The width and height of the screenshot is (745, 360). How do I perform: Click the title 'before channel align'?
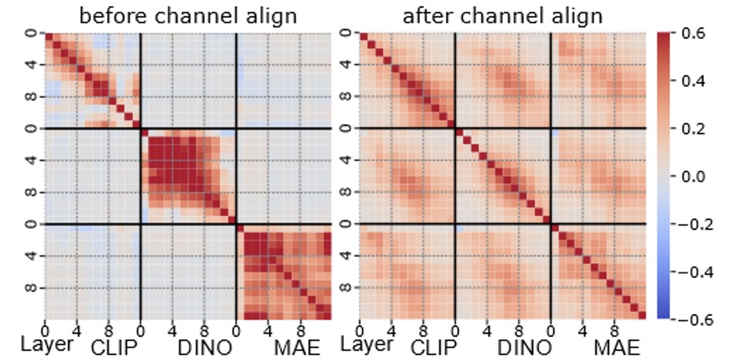189,16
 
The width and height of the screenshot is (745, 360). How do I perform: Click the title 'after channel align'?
503,16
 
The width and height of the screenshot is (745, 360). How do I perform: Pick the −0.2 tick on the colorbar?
696,224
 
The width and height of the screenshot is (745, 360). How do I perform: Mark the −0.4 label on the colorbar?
696,272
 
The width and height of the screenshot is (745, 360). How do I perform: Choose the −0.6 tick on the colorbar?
696,319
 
